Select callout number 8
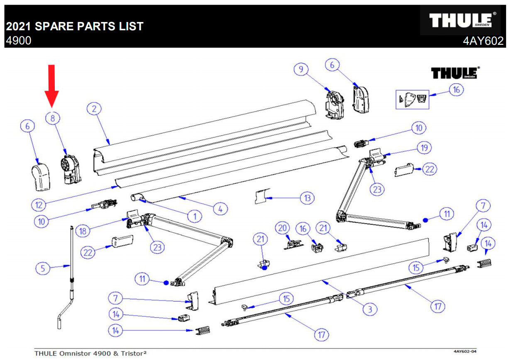pyautogui.click(x=53, y=118)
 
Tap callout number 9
pyautogui.click(x=301, y=70)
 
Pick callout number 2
pyautogui.click(x=94, y=109)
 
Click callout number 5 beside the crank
pyautogui.click(x=42, y=268)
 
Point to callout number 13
pyautogui.click(x=307, y=198)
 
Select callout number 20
pyautogui.click(x=283, y=228)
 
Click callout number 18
pyautogui.click(x=83, y=231)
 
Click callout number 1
pyautogui.click(x=194, y=216)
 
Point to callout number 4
pyautogui.click(x=220, y=209)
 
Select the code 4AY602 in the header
pyautogui.click(x=483, y=41)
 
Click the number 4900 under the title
pyautogui.click(x=18, y=41)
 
